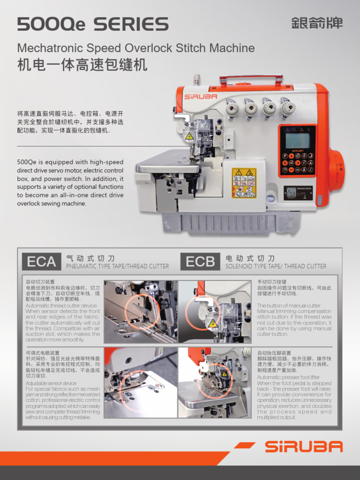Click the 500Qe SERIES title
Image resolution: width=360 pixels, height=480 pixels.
(92, 24)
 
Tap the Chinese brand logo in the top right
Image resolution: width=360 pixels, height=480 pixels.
(316, 23)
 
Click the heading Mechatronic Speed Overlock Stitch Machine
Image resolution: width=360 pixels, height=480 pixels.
(136, 48)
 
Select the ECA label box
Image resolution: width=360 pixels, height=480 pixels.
(41, 262)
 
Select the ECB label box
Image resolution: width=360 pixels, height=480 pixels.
(200, 262)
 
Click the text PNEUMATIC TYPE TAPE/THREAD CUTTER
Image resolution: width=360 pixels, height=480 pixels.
(117, 266)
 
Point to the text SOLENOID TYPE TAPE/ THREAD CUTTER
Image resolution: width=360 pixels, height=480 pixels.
(276, 266)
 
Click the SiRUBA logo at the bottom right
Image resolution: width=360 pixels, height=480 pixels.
(303, 447)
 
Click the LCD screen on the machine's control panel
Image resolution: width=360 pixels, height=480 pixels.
(297, 140)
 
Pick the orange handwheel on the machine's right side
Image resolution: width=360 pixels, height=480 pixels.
(336, 170)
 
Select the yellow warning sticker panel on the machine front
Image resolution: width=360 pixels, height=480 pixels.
(244, 183)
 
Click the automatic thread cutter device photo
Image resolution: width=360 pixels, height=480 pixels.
(140, 312)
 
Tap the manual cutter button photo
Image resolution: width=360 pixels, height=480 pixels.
(215, 312)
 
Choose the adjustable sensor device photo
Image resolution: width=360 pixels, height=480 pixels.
(140, 382)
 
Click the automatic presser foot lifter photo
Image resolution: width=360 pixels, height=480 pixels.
(215, 382)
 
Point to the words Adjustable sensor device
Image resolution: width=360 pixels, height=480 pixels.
(51, 383)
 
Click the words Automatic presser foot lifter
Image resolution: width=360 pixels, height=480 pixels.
(288, 377)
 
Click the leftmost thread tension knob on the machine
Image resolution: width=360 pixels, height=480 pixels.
(232, 109)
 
